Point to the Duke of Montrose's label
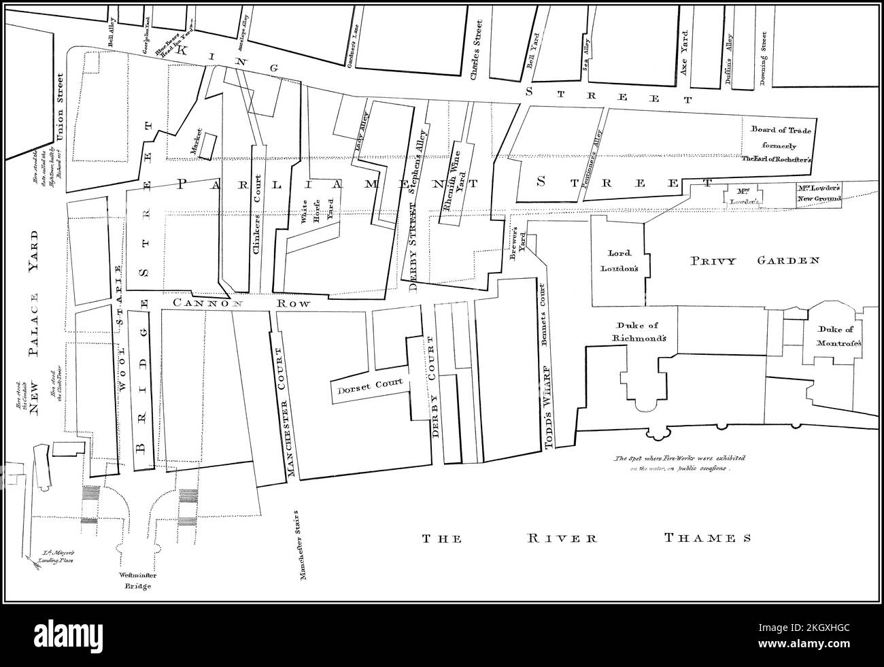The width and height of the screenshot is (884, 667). tap(833, 338)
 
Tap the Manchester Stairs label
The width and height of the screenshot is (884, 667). tap(301, 545)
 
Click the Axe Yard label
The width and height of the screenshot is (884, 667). tap(685, 60)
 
